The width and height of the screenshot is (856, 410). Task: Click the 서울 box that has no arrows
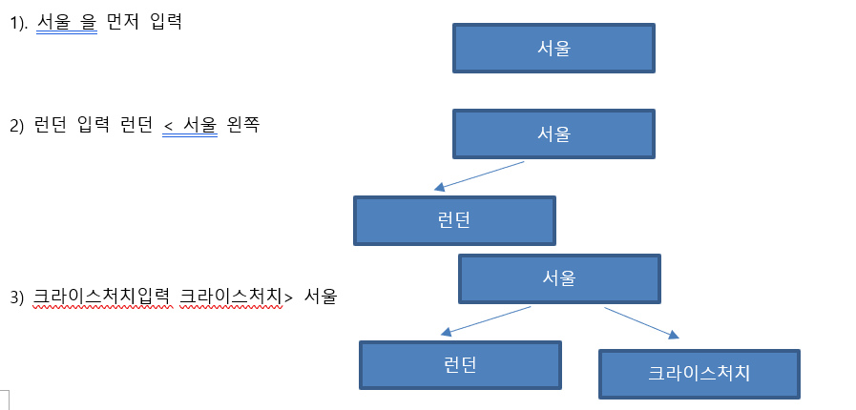point(553,48)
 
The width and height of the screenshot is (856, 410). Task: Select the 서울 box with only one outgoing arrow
point(553,134)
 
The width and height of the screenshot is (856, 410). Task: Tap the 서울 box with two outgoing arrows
point(559,278)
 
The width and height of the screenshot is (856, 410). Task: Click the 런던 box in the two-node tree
point(454,221)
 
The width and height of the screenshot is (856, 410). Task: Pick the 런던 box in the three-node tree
point(460,364)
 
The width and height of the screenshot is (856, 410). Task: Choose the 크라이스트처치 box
point(699,373)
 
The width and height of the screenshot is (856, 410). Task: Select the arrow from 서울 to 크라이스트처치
point(641,322)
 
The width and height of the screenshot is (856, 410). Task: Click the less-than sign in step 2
point(167,125)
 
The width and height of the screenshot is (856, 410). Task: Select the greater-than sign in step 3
point(288,297)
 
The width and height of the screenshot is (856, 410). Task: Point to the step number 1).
point(19,23)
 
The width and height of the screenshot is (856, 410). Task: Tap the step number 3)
point(16,297)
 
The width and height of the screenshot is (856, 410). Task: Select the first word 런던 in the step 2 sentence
point(47,125)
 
